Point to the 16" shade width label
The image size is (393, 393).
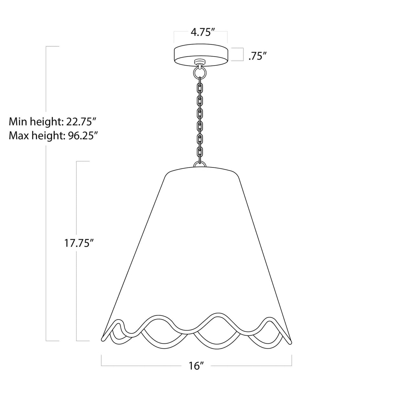click(196, 366)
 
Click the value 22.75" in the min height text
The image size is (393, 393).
click(80, 122)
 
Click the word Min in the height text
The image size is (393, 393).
click(17, 122)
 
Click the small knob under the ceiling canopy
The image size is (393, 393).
click(199, 62)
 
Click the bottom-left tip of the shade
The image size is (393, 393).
click(103, 339)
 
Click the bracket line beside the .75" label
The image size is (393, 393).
click(242, 54)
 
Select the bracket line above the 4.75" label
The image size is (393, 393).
click(201, 31)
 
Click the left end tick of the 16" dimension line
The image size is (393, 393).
click(102, 360)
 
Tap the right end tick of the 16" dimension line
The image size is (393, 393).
click(292, 360)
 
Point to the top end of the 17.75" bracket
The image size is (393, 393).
click(82, 162)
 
